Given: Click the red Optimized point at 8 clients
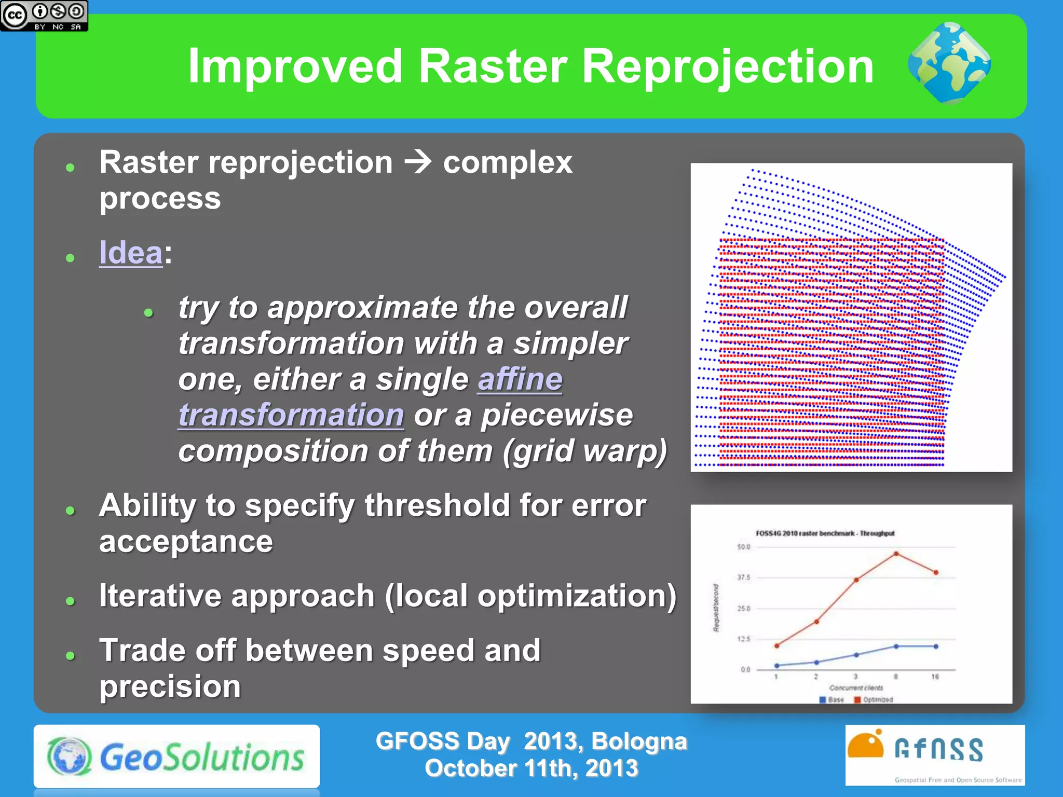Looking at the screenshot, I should click(896, 554).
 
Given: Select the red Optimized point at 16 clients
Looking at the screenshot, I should click(936, 573).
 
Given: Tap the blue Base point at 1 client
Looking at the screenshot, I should click(776, 665).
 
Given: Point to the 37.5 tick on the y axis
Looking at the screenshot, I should click(744, 578).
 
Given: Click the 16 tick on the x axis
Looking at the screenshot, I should click(935, 677).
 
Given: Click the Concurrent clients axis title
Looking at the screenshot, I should click(856, 688).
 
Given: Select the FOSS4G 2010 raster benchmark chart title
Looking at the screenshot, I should click(825, 533).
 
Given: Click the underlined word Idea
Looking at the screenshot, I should click(131, 253).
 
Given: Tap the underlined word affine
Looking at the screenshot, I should click(520, 379).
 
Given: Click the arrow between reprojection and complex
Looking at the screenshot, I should click(418, 162).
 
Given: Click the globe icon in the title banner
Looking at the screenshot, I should click(949, 63).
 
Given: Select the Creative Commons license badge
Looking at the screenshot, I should click(44, 16).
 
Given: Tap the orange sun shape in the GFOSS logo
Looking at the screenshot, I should click(865, 746).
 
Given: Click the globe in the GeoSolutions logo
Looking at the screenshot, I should click(70, 756).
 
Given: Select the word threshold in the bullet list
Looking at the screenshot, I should click(437, 505).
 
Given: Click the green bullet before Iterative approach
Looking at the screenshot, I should click(71, 601).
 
